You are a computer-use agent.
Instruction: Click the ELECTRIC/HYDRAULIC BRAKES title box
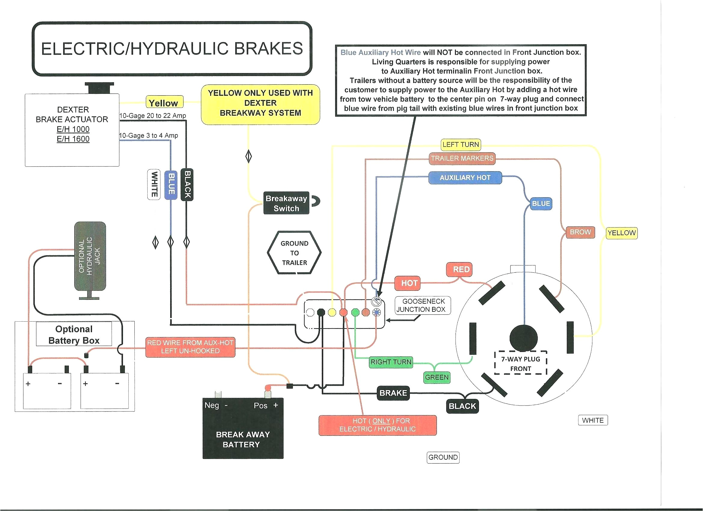pyautogui.click(x=172, y=49)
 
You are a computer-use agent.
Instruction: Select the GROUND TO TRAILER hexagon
pyautogui.click(x=294, y=253)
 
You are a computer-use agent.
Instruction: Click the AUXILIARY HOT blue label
pyautogui.click(x=465, y=178)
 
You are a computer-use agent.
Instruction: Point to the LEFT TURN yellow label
pyautogui.click(x=461, y=144)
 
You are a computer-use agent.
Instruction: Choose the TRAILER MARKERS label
pyautogui.click(x=462, y=158)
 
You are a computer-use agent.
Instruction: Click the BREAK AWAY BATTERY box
pyautogui.click(x=243, y=429)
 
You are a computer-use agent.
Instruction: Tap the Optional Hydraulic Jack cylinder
pyautogui.click(x=90, y=256)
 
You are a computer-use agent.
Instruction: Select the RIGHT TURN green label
pyautogui.click(x=391, y=362)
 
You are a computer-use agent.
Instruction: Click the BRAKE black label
pyautogui.click(x=393, y=393)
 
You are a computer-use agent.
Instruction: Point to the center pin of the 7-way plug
pyautogui.click(x=523, y=338)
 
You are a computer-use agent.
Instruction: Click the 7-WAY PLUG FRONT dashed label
pyautogui.click(x=520, y=363)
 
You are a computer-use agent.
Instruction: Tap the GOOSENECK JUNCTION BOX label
pyautogui.click(x=422, y=305)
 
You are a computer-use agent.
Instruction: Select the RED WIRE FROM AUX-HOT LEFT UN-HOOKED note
pyautogui.click(x=190, y=347)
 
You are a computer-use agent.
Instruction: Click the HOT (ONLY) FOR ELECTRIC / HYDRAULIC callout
pyautogui.click(x=378, y=425)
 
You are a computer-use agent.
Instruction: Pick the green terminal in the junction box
pyautogui.click(x=355, y=312)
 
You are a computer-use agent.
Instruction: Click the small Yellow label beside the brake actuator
pyautogui.click(x=164, y=103)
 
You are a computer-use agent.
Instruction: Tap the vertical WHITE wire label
pyautogui.click(x=154, y=185)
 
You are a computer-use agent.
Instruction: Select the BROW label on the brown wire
pyautogui.click(x=580, y=232)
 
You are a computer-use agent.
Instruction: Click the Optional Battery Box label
pyautogui.click(x=74, y=335)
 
